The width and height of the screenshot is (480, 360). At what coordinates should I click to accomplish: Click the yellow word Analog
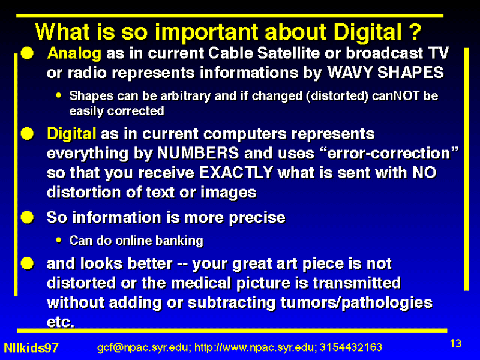coord(74,53)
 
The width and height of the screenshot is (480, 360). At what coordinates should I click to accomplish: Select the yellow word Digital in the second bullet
coord(71,134)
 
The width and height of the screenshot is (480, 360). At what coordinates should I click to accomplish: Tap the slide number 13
coord(455,343)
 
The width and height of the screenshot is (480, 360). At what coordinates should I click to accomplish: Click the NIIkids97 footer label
coord(31,348)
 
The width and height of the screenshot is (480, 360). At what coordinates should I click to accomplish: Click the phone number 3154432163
coord(351,347)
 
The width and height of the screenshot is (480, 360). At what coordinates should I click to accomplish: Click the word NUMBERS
coord(198,153)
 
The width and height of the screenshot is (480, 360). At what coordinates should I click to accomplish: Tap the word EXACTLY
coord(236,173)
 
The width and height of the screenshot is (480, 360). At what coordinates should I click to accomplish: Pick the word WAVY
coord(350,73)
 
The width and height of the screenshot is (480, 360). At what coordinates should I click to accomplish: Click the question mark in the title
coord(416,32)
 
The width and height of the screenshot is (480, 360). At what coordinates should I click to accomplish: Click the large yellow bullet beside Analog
coord(27,53)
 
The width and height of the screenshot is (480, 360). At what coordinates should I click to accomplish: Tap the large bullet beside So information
coord(27,217)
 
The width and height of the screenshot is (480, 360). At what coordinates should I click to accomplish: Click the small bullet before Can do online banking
coord(59,240)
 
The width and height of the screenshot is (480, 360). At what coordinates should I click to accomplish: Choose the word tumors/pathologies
coord(356,303)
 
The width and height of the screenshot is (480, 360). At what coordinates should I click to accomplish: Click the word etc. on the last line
coord(61,322)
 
